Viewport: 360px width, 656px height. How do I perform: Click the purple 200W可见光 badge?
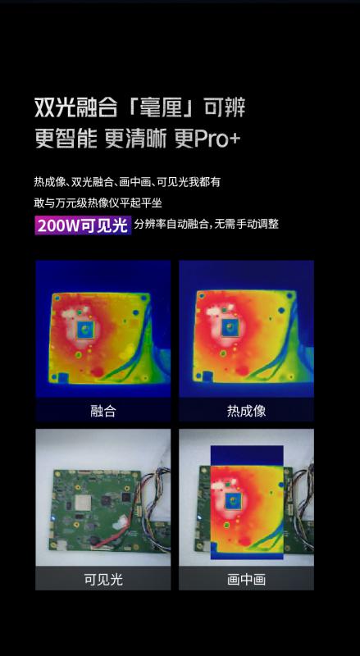pos(83,225)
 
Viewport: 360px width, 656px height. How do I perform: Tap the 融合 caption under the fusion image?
pos(103,411)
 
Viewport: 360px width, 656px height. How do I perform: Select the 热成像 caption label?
pos(246,411)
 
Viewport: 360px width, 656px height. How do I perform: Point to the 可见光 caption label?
pos(103,580)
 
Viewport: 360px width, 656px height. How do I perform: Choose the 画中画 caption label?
pos(246,580)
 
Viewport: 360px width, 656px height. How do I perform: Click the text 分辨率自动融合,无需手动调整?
pos(207,225)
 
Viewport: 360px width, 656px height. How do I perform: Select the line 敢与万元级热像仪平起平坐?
pos(98,203)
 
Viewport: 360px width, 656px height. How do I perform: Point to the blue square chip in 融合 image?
pos(86,330)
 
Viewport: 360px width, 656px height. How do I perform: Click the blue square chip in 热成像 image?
pos(230,329)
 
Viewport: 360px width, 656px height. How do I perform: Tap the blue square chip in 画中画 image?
pos(233,501)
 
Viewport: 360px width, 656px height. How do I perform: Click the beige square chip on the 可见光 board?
pos(82,503)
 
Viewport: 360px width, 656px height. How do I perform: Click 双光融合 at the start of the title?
pos(75,107)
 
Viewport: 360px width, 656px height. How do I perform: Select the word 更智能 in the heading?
pos(66,139)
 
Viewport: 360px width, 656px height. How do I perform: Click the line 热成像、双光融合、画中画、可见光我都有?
pos(127,182)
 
